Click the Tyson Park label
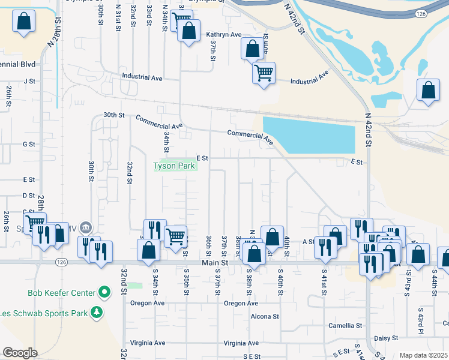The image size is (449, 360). pos(175,166)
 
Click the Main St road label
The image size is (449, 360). pos(215,263)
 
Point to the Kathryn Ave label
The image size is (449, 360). pos(223,35)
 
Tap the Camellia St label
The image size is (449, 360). pos(346,326)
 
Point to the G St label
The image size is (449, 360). pos(29,144)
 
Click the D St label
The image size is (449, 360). pos(29,196)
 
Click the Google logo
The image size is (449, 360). pos(20,353)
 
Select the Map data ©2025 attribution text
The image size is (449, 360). pos(424,355)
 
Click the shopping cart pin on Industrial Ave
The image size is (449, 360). pos(264,73)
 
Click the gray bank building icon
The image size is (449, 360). pos(86,227)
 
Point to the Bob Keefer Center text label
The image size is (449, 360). pos(62,293)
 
